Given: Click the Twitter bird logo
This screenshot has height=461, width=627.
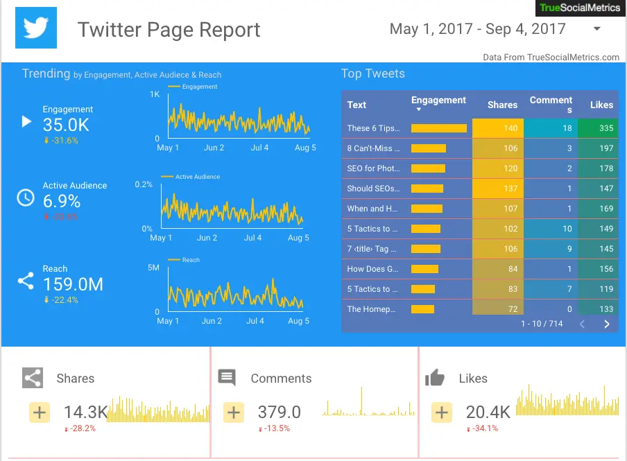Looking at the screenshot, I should pos(35,28).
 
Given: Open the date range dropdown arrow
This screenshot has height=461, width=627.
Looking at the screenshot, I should pos(596,29).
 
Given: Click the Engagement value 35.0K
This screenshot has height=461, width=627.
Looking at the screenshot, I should pos(66,125).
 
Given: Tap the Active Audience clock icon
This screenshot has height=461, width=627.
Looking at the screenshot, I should pos(26,198).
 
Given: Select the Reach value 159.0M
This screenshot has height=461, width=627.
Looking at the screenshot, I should pos(73,284).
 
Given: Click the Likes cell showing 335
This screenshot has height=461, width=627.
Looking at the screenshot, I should pos(597,128).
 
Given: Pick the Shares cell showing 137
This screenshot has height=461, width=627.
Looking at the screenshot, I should pos(498,189).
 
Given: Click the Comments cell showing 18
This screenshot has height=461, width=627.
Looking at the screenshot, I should pos(551,128).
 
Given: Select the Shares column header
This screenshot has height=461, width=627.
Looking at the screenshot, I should pos(502,105).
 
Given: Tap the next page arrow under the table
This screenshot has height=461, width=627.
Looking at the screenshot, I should pos(607,324).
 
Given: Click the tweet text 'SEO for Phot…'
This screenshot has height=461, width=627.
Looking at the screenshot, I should pos(373,168).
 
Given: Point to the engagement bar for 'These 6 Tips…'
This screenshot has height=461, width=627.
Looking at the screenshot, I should pos(438,128).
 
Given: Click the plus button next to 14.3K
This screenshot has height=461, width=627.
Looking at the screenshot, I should pos(40,412).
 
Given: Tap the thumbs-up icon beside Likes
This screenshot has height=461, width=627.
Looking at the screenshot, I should pos(435,378).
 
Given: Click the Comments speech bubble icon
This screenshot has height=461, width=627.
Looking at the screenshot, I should pos(227,377).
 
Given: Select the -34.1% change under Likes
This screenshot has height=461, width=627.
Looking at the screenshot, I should pos(485,428).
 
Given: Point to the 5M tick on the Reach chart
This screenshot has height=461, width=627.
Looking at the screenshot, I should pos(153,268).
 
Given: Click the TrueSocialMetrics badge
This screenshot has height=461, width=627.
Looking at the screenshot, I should pos(581,8).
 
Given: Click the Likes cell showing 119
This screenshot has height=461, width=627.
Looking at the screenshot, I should pos(597,289).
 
